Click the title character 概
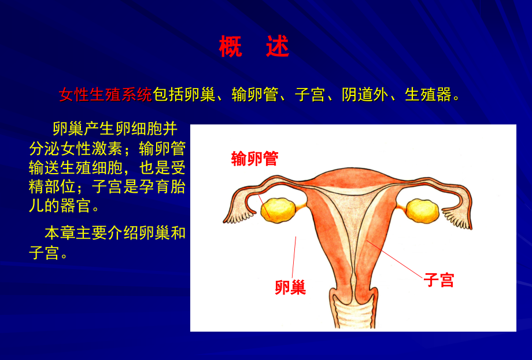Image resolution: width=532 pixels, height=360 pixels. [230, 47]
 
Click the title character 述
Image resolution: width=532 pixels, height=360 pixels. [278, 47]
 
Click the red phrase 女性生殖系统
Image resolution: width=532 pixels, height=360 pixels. [105, 95]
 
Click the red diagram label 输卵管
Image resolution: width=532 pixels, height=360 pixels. [254, 159]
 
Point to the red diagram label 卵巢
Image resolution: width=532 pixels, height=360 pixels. [290, 287]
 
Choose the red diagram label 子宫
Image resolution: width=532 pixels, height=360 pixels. [439, 280]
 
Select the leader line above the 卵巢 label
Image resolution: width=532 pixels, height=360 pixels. [294, 255]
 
